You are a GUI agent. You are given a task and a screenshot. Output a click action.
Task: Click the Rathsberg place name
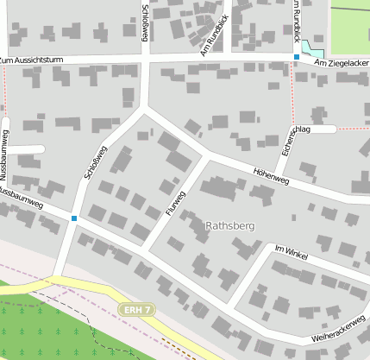230,225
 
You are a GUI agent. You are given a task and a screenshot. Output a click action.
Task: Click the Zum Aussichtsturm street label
34,60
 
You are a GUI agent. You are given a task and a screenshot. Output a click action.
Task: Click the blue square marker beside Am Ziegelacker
297,57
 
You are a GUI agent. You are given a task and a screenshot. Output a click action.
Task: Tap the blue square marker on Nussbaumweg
75,218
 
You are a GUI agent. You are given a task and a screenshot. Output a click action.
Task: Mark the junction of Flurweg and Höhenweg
204,157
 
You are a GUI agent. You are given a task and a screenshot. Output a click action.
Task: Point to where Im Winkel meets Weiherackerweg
229,305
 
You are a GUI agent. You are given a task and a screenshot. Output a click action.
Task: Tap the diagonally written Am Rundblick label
212,35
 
